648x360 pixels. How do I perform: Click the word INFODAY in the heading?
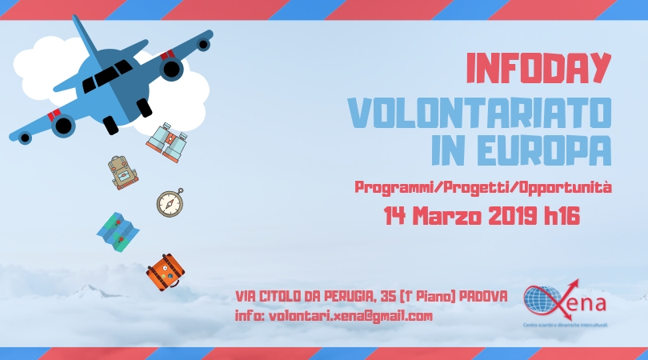[538, 68]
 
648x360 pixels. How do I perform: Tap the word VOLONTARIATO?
[479, 113]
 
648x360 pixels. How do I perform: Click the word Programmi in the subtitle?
[394, 188]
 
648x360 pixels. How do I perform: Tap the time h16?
[562, 216]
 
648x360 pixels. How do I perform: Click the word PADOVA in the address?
[483, 296]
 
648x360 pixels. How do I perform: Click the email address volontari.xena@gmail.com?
[351, 316]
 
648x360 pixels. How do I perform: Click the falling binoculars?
[167, 142]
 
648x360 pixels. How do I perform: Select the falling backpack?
[122, 173]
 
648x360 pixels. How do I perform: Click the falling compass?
[170, 202]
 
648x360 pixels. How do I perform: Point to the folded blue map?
[118, 232]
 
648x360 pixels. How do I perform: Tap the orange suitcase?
[166, 272]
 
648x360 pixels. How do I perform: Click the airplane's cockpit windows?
[107, 76]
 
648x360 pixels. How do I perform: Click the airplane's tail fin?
[86, 36]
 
